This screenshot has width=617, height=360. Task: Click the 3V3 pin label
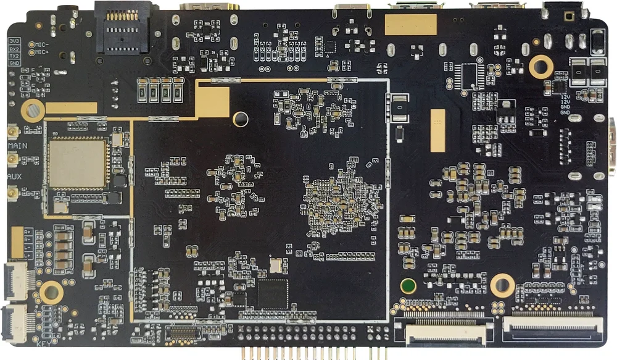14,41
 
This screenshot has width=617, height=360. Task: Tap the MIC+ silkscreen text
42,52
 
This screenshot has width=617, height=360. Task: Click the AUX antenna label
14,177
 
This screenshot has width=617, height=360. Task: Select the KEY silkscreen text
43,345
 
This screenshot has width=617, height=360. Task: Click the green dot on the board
407,286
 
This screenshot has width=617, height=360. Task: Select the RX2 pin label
14,49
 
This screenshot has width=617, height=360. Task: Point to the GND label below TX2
14,63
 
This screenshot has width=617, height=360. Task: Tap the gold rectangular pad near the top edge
410,25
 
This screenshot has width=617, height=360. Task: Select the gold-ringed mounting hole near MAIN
31,111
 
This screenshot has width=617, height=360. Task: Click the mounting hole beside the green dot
502,285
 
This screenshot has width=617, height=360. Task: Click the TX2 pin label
14,56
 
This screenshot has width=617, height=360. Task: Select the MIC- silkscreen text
42,44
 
